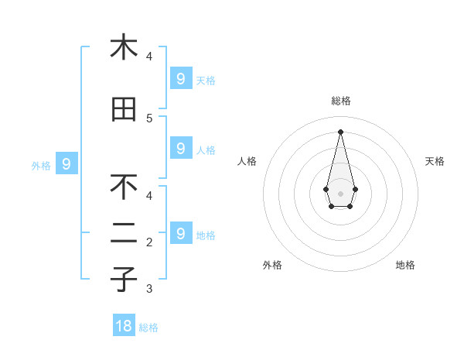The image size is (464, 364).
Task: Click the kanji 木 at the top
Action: [124, 47]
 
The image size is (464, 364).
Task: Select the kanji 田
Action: [124, 110]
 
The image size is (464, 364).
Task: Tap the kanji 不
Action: [124, 187]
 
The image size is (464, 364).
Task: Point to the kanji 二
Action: [124, 234]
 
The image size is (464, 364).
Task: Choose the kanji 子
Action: [124, 280]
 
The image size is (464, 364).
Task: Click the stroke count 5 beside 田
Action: [149, 118]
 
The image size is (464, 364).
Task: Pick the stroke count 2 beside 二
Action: [149, 242]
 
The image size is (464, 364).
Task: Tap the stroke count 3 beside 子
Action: [149, 289]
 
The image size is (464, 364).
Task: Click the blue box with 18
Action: [124, 326]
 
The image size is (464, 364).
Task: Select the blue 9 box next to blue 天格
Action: [180, 78]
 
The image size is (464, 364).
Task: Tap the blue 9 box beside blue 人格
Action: [180, 148]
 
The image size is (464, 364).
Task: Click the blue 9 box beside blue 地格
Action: [180, 233]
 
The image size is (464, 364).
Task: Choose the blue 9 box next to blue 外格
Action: [67, 163]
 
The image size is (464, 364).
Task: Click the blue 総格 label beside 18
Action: [148, 328]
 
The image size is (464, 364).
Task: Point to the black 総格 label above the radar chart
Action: [341, 101]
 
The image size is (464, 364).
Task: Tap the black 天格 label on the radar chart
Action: [435, 161]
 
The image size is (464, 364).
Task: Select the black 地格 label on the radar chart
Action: [405, 265]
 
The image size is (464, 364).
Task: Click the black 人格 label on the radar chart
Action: [247, 161]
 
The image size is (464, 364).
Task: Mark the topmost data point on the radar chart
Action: [340, 132]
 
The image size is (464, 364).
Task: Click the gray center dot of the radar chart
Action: [340, 193]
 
